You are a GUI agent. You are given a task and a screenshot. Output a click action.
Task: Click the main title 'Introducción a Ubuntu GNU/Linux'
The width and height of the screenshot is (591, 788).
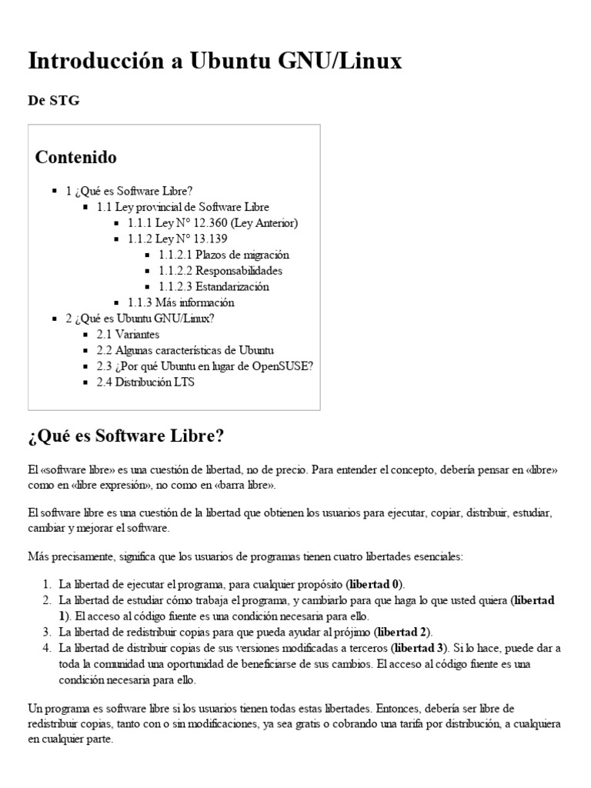tap(215, 62)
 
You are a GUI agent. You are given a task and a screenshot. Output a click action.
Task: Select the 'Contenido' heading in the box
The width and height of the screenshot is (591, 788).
tap(76, 157)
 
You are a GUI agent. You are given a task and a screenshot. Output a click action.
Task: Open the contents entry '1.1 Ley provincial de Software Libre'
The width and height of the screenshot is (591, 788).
tap(182, 206)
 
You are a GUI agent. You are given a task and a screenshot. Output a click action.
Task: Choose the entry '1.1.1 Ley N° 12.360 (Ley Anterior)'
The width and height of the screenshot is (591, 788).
tap(212, 222)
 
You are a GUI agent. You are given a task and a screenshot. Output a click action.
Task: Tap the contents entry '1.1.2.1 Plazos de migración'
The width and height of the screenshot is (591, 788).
tap(224, 254)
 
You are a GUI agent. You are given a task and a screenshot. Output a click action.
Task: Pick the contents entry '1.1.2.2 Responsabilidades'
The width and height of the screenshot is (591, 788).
tap(220, 270)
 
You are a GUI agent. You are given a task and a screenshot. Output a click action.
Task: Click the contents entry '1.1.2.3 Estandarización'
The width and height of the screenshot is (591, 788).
tap(214, 286)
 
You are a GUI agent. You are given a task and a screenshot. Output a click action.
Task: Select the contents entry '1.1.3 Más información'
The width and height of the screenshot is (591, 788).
tap(181, 302)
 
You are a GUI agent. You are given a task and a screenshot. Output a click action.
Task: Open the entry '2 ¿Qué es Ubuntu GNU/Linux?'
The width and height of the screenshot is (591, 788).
tap(140, 318)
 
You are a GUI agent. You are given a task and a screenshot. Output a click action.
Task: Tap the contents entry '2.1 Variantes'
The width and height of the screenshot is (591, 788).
tap(128, 334)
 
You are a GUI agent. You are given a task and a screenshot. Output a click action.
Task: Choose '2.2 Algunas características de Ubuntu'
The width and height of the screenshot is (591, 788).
tap(185, 350)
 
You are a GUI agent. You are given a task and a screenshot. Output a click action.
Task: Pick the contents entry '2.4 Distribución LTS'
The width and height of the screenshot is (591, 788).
tap(145, 382)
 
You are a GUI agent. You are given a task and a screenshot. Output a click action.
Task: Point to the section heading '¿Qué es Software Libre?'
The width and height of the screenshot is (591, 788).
tap(125, 436)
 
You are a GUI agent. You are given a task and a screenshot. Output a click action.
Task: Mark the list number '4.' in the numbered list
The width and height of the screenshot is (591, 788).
tap(45, 648)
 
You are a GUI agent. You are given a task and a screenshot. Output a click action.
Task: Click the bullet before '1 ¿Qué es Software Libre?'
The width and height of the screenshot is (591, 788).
tap(54, 190)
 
